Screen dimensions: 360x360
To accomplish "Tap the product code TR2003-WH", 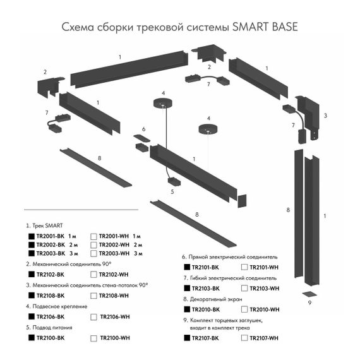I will click(x=114, y=253).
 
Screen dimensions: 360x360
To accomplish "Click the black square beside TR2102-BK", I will click(x=31, y=275).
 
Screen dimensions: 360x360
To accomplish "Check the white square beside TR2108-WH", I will click(x=93, y=296).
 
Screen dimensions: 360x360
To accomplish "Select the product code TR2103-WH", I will click(x=264, y=288).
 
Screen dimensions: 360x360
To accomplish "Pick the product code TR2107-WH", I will click(x=264, y=339).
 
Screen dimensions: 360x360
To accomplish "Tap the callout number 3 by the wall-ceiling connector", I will click(x=325, y=116).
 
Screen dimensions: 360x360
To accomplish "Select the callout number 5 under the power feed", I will click(x=172, y=190).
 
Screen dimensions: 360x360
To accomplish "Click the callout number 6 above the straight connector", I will click(x=143, y=129).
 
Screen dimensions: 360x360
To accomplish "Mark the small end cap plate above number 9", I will click(x=309, y=293).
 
